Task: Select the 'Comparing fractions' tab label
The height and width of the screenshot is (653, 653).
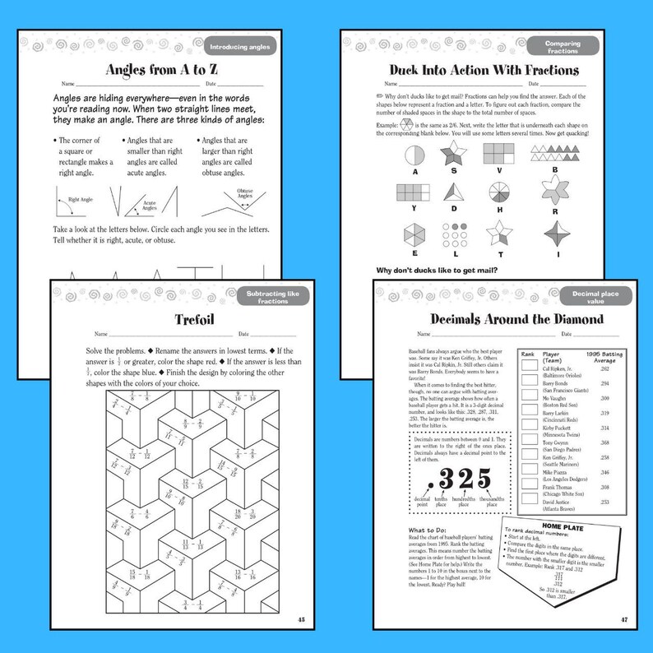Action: click(563, 47)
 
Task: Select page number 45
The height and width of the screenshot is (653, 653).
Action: click(301, 618)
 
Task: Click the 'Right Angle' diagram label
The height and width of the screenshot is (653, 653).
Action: click(80, 200)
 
